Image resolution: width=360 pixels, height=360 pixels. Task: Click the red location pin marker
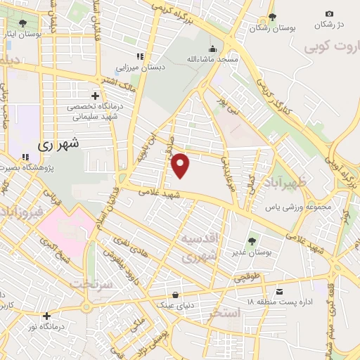(x=181, y=165)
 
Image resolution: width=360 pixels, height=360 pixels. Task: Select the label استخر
(x=224, y=312)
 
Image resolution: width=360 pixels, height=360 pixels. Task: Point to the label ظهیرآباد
(x=288, y=184)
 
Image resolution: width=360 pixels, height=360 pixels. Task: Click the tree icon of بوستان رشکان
(x=274, y=18)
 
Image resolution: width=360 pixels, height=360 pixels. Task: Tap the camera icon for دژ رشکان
(x=329, y=13)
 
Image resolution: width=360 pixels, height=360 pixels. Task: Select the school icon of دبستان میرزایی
(x=140, y=56)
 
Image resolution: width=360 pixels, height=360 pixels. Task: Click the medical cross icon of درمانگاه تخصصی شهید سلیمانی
(x=96, y=96)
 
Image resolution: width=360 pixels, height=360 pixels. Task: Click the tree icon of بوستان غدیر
(x=252, y=241)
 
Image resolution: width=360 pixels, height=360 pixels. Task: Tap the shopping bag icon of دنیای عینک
(x=175, y=295)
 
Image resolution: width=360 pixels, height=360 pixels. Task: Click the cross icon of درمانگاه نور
(x=46, y=316)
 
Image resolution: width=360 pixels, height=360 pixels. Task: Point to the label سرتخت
(x=92, y=283)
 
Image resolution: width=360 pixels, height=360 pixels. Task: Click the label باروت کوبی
(x=330, y=47)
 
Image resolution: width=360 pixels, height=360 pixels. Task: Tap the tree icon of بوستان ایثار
(x=22, y=22)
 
